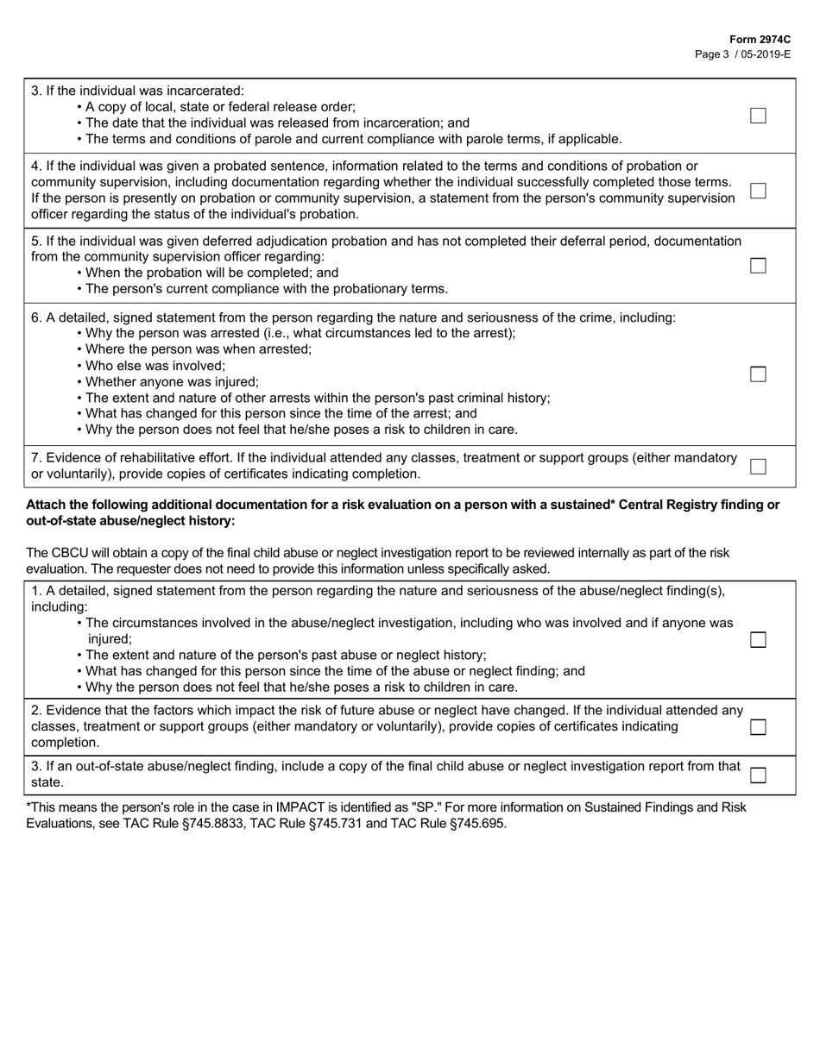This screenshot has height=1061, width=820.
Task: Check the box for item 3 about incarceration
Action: click(758, 116)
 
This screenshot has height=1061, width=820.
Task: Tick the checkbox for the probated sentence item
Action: click(758, 191)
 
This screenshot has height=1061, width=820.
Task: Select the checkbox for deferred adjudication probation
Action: click(758, 266)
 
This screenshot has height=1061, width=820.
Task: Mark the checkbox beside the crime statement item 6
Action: click(758, 374)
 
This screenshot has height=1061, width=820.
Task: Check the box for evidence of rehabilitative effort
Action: click(758, 467)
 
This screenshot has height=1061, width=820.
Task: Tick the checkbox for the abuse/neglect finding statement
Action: click(758, 639)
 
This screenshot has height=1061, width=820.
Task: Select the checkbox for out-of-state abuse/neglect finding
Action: click(758, 775)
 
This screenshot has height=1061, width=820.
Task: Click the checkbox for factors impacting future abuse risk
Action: click(758, 727)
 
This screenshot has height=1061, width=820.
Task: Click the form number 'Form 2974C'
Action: click(760, 40)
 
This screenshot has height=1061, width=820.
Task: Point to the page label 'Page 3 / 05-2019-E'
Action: click(742, 53)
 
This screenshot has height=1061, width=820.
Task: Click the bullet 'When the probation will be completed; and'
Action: click(212, 273)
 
